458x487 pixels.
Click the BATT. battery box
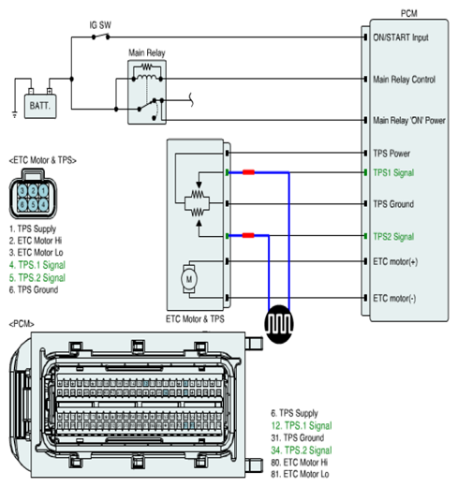[40, 106]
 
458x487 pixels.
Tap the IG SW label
[100, 25]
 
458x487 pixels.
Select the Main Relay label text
[147, 52]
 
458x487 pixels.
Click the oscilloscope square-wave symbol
[279, 324]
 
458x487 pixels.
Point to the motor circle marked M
[189, 279]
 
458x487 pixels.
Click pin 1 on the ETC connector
[43, 191]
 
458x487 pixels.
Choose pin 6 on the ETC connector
[22, 205]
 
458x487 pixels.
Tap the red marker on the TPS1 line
[248, 172]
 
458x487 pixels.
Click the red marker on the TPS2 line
[248, 235]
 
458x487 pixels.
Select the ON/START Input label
[401, 37]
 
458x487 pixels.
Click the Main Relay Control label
[404, 80]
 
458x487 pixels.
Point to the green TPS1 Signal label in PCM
[393, 172]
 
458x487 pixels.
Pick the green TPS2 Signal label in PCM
[393, 236]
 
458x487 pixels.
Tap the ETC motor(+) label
[395, 261]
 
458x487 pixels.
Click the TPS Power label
[392, 154]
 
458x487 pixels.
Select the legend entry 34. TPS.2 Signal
[302, 450]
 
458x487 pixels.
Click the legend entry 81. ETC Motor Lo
[300, 474]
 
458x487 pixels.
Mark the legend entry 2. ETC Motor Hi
[36, 241]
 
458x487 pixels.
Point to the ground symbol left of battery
[14, 114]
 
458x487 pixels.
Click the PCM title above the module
[408, 13]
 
